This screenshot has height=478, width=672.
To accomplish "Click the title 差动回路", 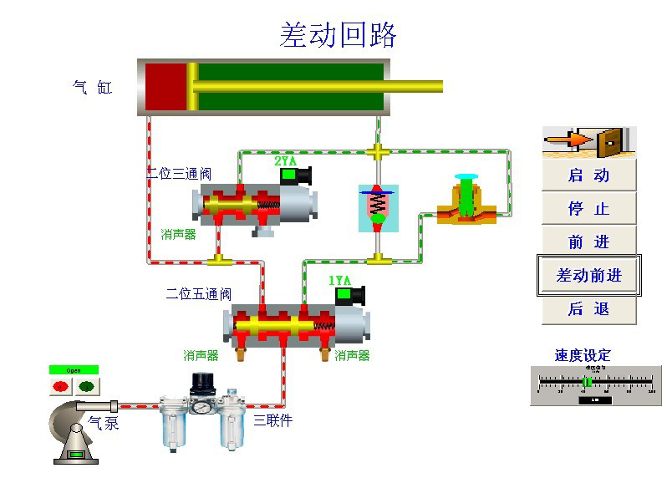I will pyautogui.click(x=338, y=35).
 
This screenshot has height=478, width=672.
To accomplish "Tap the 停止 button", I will pyautogui.click(x=588, y=209).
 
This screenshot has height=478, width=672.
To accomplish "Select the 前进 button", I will pyautogui.click(x=588, y=242).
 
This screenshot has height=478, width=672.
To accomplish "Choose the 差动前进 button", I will pyautogui.click(x=588, y=276).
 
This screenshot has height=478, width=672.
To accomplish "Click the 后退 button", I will pyautogui.click(x=588, y=309).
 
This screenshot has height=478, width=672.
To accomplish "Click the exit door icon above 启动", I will pyautogui.click(x=589, y=142).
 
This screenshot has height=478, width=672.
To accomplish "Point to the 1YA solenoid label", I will pyautogui.click(x=339, y=281).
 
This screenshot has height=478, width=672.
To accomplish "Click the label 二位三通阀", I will pyautogui.click(x=179, y=175).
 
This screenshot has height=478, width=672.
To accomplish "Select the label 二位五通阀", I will pyautogui.click(x=198, y=294).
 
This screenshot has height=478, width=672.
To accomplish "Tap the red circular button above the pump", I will pyautogui.click(x=61, y=386).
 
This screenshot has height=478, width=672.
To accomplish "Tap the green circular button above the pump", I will pyautogui.click(x=85, y=386).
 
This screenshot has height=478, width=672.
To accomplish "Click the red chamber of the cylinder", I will pyautogui.click(x=165, y=87).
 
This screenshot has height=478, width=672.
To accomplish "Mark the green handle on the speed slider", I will pyautogui.click(x=588, y=382).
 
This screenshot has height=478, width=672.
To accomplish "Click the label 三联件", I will pyautogui.click(x=273, y=420).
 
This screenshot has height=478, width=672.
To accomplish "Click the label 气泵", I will pyautogui.click(x=104, y=423).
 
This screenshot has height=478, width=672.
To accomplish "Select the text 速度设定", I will pyautogui.click(x=583, y=355).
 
